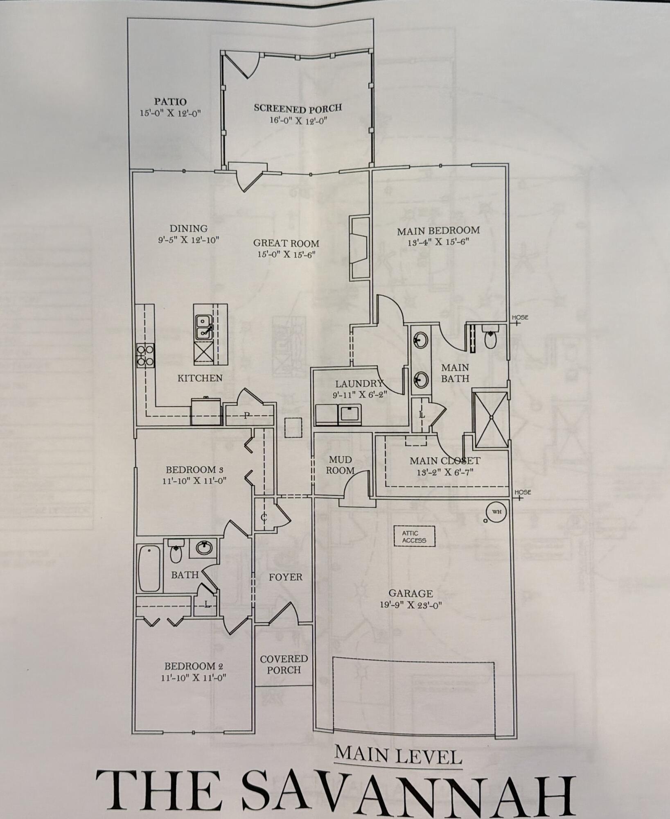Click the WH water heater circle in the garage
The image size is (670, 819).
(x=496, y=512)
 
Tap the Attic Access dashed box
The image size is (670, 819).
(x=414, y=536)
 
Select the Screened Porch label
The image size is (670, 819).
(x=298, y=109)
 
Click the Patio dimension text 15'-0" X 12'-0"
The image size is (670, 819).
(x=170, y=113)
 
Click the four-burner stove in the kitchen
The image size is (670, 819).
(x=145, y=355)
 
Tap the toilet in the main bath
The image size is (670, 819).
(x=490, y=338)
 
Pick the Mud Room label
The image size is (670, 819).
(x=340, y=466)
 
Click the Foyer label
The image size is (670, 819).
(x=285, y=577)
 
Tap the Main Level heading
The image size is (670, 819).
(x=398, y=754)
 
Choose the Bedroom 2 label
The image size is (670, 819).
(x=193, y=666)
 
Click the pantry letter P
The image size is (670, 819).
(x=246, y=416)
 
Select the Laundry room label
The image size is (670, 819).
(x=359, y=384)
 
